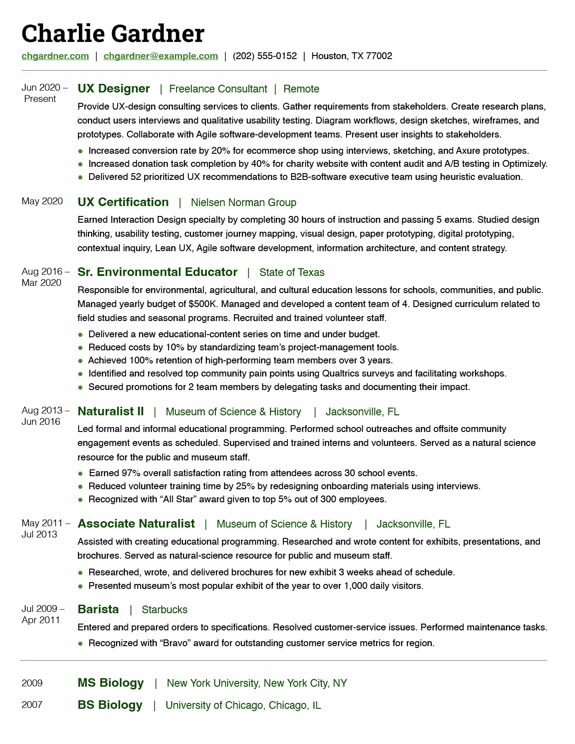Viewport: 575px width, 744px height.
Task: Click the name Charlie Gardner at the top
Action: coord(113,34)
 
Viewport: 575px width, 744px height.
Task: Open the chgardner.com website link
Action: coord(55,56)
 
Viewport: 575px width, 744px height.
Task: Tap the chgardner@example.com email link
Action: coord(160,56)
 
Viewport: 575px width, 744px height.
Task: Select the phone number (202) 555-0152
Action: coord(265,56)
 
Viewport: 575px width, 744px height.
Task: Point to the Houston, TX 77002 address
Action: coord(351,56)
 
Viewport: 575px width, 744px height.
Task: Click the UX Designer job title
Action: coord(114,88)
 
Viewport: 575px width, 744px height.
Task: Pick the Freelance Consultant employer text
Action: coord(218,89)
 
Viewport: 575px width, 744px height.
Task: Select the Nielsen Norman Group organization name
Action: coord(243,202)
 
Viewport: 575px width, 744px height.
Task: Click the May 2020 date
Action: coord(42,201)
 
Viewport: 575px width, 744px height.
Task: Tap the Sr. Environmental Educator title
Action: coord(157,272)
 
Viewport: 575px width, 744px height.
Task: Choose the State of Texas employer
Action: coord(292,272)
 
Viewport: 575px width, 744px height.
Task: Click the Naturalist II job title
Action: coord(110,411)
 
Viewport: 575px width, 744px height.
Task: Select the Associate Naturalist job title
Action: coord(136,524)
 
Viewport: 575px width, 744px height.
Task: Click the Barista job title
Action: coord(98,609)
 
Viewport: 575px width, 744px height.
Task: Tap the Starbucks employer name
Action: coord(164,610)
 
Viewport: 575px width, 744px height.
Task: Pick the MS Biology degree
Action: coord(110,683)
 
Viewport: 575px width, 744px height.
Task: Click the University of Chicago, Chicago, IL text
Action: coord(243,705)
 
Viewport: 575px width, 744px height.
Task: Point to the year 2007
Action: coord(32,705)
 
